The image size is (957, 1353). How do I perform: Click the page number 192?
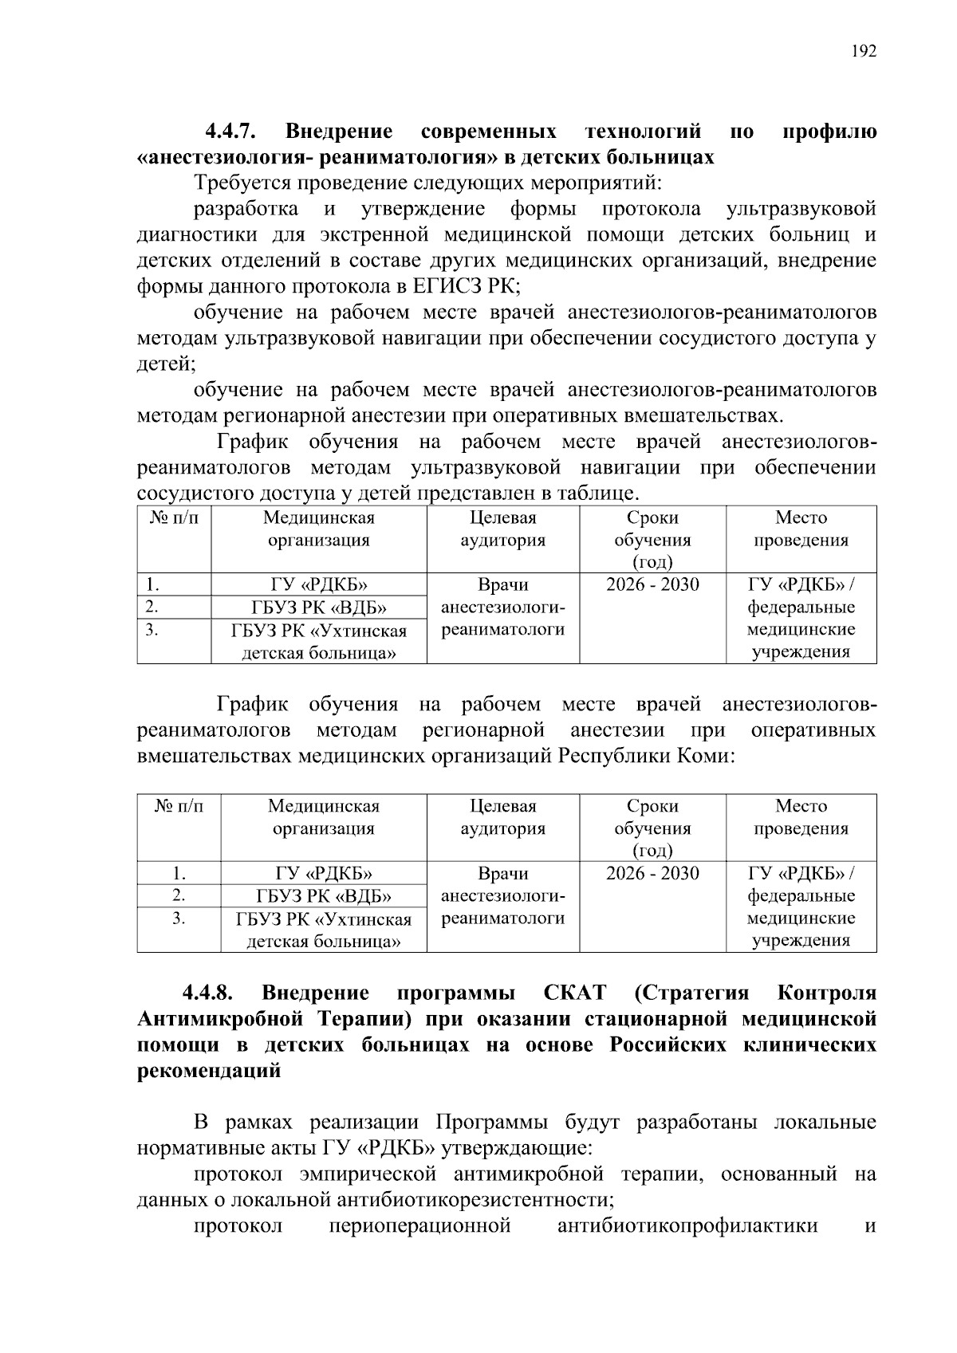864,52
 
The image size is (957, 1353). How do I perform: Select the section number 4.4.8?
208,993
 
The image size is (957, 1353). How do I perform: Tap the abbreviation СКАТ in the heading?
574,993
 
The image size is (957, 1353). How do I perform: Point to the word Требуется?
242,183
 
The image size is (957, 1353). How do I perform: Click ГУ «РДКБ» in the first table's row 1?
319,585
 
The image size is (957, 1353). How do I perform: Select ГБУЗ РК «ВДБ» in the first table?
319,608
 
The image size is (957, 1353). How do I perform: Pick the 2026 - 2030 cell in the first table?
652,584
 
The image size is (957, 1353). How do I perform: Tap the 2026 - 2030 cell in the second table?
652,873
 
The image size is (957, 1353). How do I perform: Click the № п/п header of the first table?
174,518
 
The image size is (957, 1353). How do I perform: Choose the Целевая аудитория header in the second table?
502,817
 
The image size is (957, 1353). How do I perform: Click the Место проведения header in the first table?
801,529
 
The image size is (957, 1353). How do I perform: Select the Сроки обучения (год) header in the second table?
652,828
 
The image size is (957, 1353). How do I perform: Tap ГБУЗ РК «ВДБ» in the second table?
324,896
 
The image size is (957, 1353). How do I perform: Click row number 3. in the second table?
179,918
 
